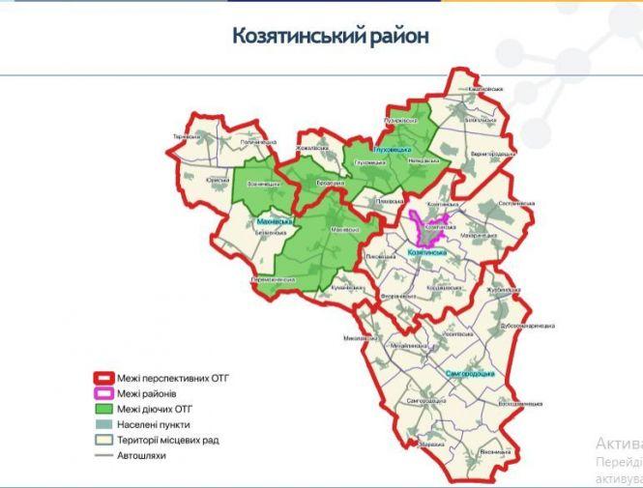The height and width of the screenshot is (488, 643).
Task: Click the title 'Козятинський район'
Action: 330,36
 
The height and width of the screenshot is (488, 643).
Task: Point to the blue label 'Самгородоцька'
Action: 471,373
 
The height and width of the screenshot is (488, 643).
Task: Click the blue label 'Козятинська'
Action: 426,251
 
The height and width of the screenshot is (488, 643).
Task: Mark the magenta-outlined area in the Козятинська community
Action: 428,227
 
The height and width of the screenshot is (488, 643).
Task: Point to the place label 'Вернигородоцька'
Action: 491,154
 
